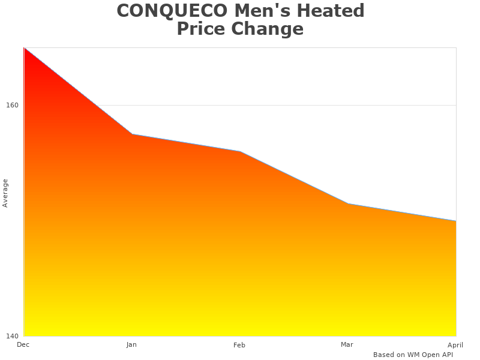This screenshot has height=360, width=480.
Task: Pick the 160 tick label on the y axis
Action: [x=12, y=105]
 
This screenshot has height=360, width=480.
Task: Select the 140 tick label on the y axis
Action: [x=12, y=336]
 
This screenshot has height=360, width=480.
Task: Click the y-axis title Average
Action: [x=5, y=193]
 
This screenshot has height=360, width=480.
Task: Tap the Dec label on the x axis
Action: [x=23, y=344]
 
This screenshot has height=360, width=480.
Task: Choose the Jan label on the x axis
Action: [x=131, y=345]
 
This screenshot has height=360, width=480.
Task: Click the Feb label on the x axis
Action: [x=239, y=345]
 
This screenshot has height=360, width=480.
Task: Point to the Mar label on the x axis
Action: [x=347, y=344]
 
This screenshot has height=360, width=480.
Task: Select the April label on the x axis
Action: [x=455, y=345]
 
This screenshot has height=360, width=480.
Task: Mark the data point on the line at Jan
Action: [x=132, y=134]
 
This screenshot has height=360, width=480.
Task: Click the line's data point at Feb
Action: [x=240, y=152]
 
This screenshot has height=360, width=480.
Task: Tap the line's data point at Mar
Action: [x=348, y=204]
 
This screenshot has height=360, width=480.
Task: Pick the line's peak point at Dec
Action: [x=25, y=48]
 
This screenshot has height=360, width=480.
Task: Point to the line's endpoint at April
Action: [x=455, y=221]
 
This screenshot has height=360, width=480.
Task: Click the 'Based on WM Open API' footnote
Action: [x=413, y=355]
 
